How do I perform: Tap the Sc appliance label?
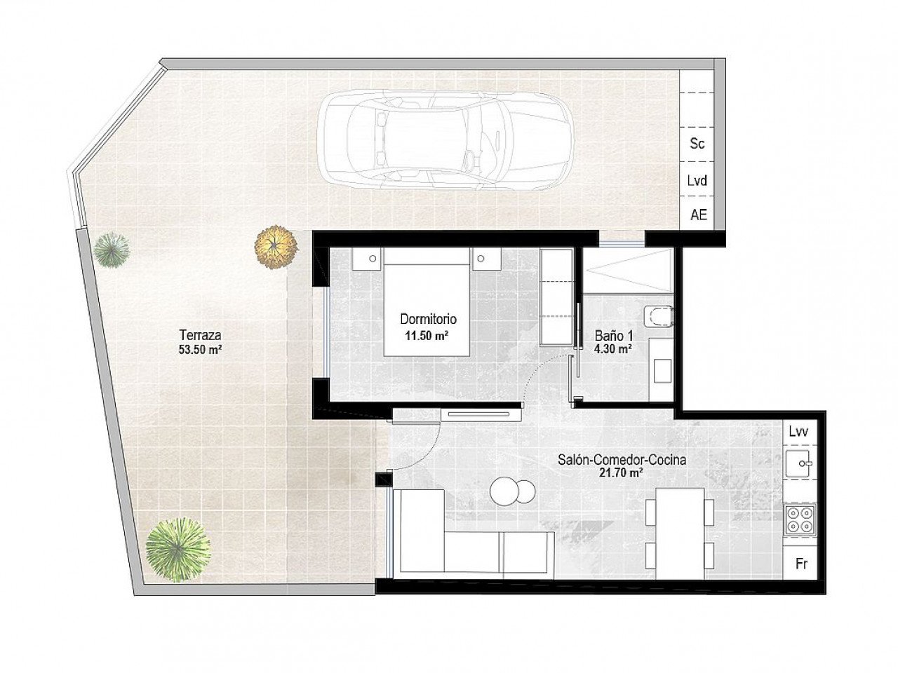pos(697,144)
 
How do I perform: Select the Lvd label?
pos(697,180)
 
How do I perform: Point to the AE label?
pos(698,215)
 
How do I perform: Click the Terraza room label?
pos(201,335)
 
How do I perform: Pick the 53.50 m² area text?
pos(201,349)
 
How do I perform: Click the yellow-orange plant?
pos(276,247)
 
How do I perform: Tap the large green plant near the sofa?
pos(178,549)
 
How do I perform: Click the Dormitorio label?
pos(428,319)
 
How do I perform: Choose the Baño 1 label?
pos(614,336)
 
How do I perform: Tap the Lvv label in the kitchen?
pos(798,432)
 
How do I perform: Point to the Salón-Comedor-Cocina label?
pos(622,460)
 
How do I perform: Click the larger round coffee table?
pos(504,491)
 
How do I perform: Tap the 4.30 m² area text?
pos(612,349)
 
